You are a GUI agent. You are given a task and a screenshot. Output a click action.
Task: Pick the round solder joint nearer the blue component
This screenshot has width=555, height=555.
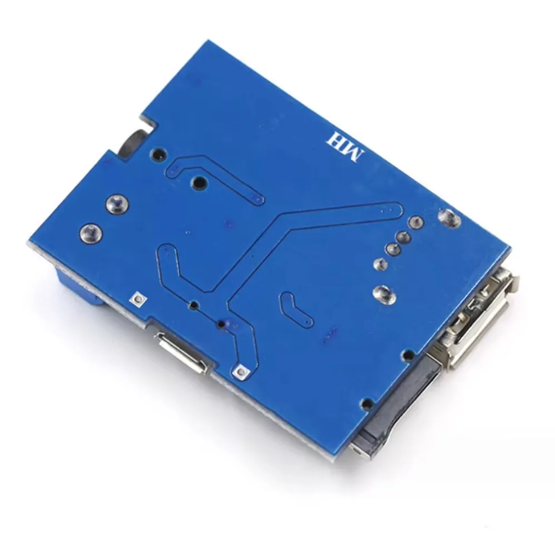point(91,233)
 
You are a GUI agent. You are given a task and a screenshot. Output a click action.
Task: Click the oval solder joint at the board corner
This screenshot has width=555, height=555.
point(450,217)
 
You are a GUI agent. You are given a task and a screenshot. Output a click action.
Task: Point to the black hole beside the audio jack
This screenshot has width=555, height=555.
point(159,153)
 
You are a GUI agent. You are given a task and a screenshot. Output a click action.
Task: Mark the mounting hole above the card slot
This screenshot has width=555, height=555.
point(366,403)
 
